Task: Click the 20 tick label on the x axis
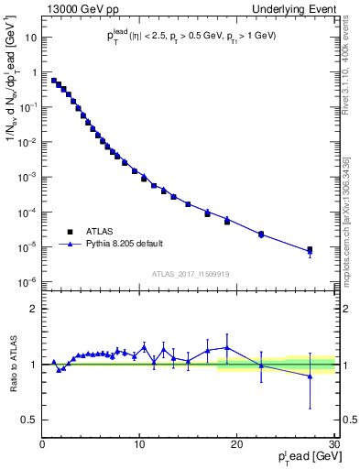[x=236, y=445]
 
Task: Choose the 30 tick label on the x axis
[x=333, y=445]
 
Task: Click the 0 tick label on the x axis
[x=42, y=445]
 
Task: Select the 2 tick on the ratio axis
[x=35, y=309]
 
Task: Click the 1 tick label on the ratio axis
[x=35, y=365]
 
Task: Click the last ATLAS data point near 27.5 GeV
[x=310, y=249]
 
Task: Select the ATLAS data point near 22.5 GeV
[x=261, y=234]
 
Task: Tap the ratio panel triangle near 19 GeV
[x=227, y=348]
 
